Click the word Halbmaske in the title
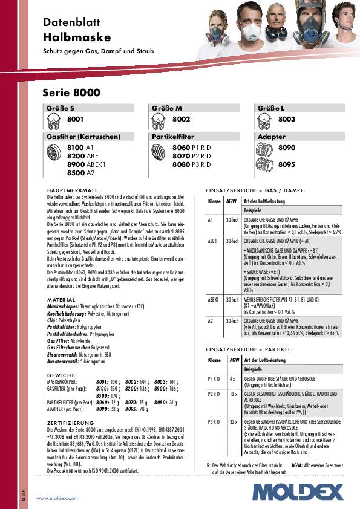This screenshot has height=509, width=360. [67, 36]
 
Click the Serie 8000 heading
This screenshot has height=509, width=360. [71, 93]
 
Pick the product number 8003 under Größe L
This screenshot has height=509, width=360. [287, 119]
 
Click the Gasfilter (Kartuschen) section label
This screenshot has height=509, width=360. [83, 137]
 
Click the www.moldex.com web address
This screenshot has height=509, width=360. [57, 498]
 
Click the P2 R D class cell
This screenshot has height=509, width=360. [214, 393]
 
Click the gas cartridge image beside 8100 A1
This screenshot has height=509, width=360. [55, 155]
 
